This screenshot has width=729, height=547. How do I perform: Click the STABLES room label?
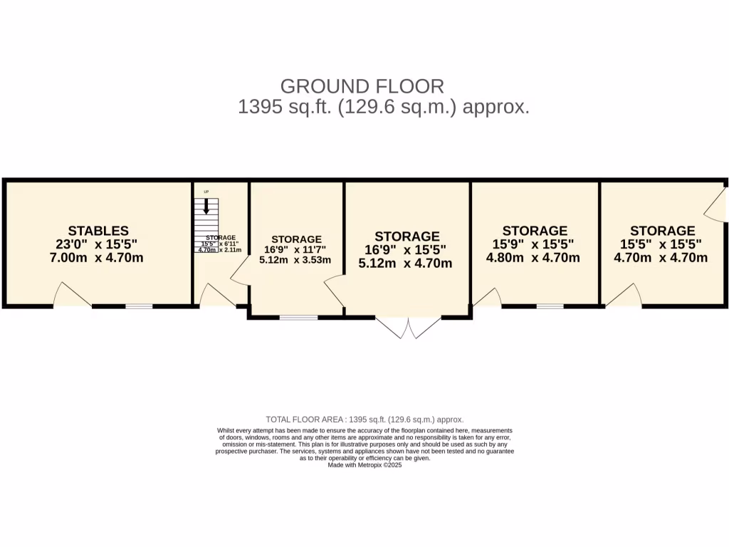tap(98, 231)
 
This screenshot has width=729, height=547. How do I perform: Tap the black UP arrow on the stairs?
tap(206, 207)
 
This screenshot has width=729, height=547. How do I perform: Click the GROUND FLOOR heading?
tap(362, 86)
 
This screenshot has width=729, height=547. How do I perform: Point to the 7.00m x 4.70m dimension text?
tap(97, 258)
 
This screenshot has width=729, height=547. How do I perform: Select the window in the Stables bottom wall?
tap(140, 306)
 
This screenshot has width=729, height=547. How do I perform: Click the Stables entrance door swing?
tap(72, 296)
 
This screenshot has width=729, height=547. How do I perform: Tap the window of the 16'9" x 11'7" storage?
tap(298, 317)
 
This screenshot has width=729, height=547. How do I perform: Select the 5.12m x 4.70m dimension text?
tap(406, 264)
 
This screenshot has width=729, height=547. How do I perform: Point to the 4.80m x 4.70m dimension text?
tap(533, 258)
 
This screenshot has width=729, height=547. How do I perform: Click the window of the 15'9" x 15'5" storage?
tap(550, 306)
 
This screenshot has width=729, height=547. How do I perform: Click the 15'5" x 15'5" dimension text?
tap(661, 244)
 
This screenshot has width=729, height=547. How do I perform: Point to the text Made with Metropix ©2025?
tap(364, 465)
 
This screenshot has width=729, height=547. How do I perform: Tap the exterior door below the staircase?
tap(216, 296)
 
